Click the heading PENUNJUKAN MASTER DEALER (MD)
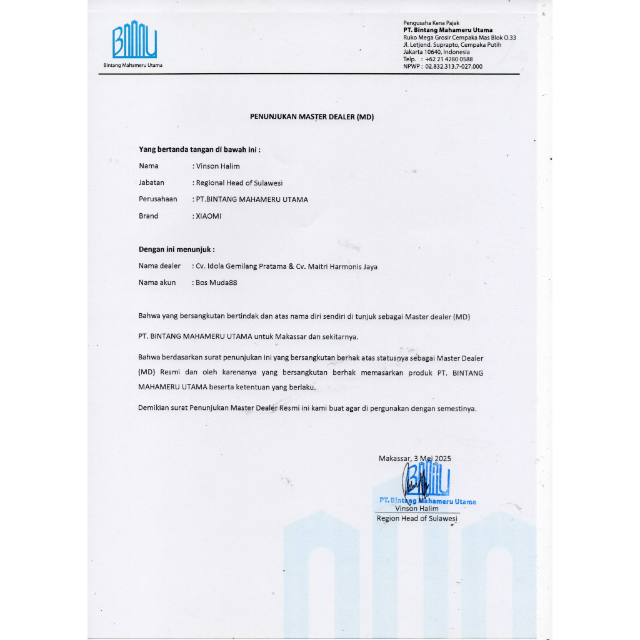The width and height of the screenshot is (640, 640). point(312,117)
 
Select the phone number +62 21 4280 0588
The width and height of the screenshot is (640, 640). point(449,59)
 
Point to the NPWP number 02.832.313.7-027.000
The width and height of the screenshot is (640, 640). point(454,66)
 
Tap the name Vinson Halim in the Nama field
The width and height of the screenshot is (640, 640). point(218,166)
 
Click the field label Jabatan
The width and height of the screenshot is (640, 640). point(151,182)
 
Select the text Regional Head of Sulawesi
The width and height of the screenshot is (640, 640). point(239,183)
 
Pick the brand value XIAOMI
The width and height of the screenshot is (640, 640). point(209,216)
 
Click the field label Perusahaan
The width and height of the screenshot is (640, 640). point(157,199)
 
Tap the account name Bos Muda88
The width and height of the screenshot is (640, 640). point(216,282)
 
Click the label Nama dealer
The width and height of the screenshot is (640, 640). point(159,266)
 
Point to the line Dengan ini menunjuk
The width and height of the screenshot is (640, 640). point(176,249)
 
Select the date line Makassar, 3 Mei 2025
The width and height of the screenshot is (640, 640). point(414,458)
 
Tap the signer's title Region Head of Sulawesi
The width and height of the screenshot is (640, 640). point(417,518)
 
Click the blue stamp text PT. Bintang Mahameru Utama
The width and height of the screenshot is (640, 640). point(427,501)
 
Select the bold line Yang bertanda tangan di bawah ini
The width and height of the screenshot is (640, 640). point(199,149)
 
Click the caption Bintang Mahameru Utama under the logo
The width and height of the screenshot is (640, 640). point(133,65)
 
